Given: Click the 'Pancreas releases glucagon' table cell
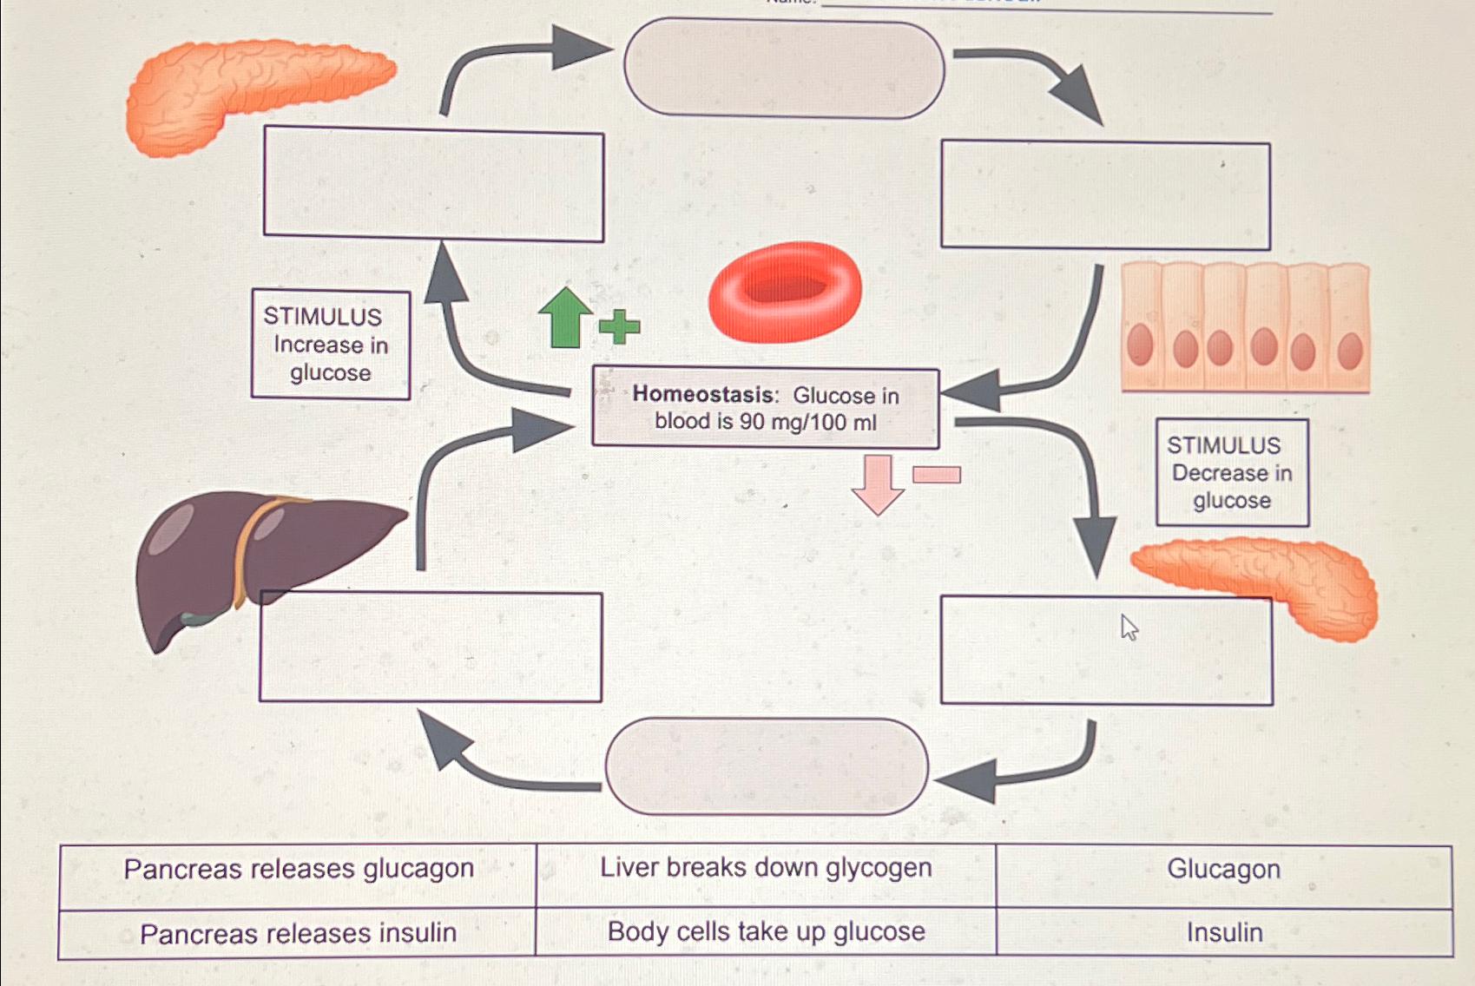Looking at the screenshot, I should (x=298, y=869).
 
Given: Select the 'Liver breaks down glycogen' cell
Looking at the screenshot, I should (x=766, y=868).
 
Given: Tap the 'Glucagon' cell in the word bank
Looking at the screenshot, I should (x=1223, y=869).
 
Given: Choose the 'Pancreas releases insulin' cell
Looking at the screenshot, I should (x=298, y=933).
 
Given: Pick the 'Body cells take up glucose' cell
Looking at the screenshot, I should (x=766, y=931).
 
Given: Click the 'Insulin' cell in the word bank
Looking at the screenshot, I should (x=1224, y=932).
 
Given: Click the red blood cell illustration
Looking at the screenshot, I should (x=785, y=292).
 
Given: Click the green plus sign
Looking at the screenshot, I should (x=619, y=326).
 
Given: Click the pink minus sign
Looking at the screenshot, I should (x=937, y=474).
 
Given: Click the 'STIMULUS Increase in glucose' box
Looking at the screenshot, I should (x=331, y=345).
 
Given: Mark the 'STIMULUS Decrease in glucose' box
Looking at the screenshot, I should (x=1232, y=473).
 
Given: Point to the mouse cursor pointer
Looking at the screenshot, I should (x=1128, y=626).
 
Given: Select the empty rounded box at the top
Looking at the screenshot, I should (x=784, y=69).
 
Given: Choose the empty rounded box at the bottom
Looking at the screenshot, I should (x=767, y=766).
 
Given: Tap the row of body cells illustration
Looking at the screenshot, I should (x=1245, y=328).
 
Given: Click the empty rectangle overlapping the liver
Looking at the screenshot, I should (x=431, y=647).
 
